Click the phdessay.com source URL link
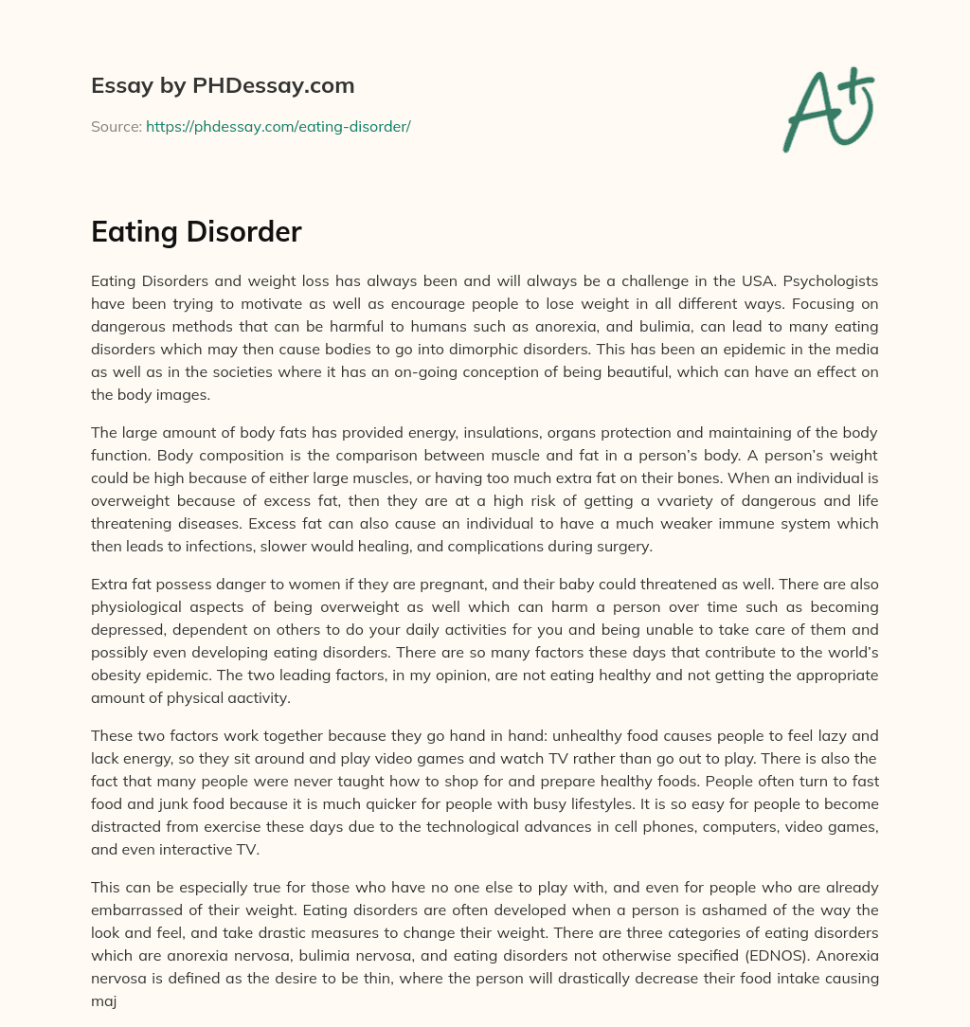[x=278, y=126]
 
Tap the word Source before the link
[x=116, y=126]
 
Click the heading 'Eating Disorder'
[x=196, y=232]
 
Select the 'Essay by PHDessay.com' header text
[x=223, y=86]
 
